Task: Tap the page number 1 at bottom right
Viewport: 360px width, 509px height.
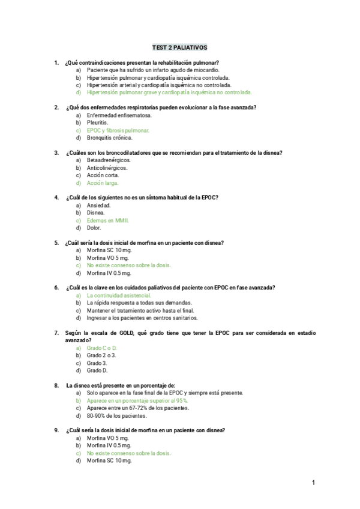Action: (x=313, y=483)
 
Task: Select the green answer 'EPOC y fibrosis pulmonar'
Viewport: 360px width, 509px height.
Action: (x=118, y=130)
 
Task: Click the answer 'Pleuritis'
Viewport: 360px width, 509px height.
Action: (x=98, y=122)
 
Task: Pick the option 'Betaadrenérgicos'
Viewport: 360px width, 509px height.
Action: (x=109, y=160)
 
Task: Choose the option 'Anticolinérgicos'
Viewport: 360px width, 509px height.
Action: (x=107, y=168)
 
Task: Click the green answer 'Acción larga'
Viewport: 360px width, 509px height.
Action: (x=103, y=183)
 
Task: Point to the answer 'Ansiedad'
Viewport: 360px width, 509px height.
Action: (x=99, y=205)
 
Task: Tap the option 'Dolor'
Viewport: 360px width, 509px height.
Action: (x=94, y=228)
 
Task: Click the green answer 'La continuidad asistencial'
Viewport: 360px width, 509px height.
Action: (x=119, y=295)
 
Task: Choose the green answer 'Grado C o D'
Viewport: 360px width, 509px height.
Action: (x=102, y=348)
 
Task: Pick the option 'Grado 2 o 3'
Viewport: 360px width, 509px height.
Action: (x=101, y=355)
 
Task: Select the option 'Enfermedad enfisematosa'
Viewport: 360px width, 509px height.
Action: (x=119, y=115)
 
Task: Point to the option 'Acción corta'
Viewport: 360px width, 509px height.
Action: (x=103, y=175)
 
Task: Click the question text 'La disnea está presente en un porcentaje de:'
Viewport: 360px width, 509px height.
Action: (x=121, y=385)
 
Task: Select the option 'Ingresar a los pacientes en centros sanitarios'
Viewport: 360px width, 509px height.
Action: (x=142, y=318)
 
